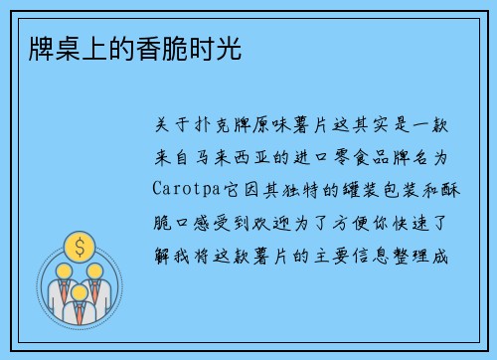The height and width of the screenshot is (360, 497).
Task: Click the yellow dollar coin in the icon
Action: [79, 245]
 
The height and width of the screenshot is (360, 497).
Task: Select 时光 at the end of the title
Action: [219, 48]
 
